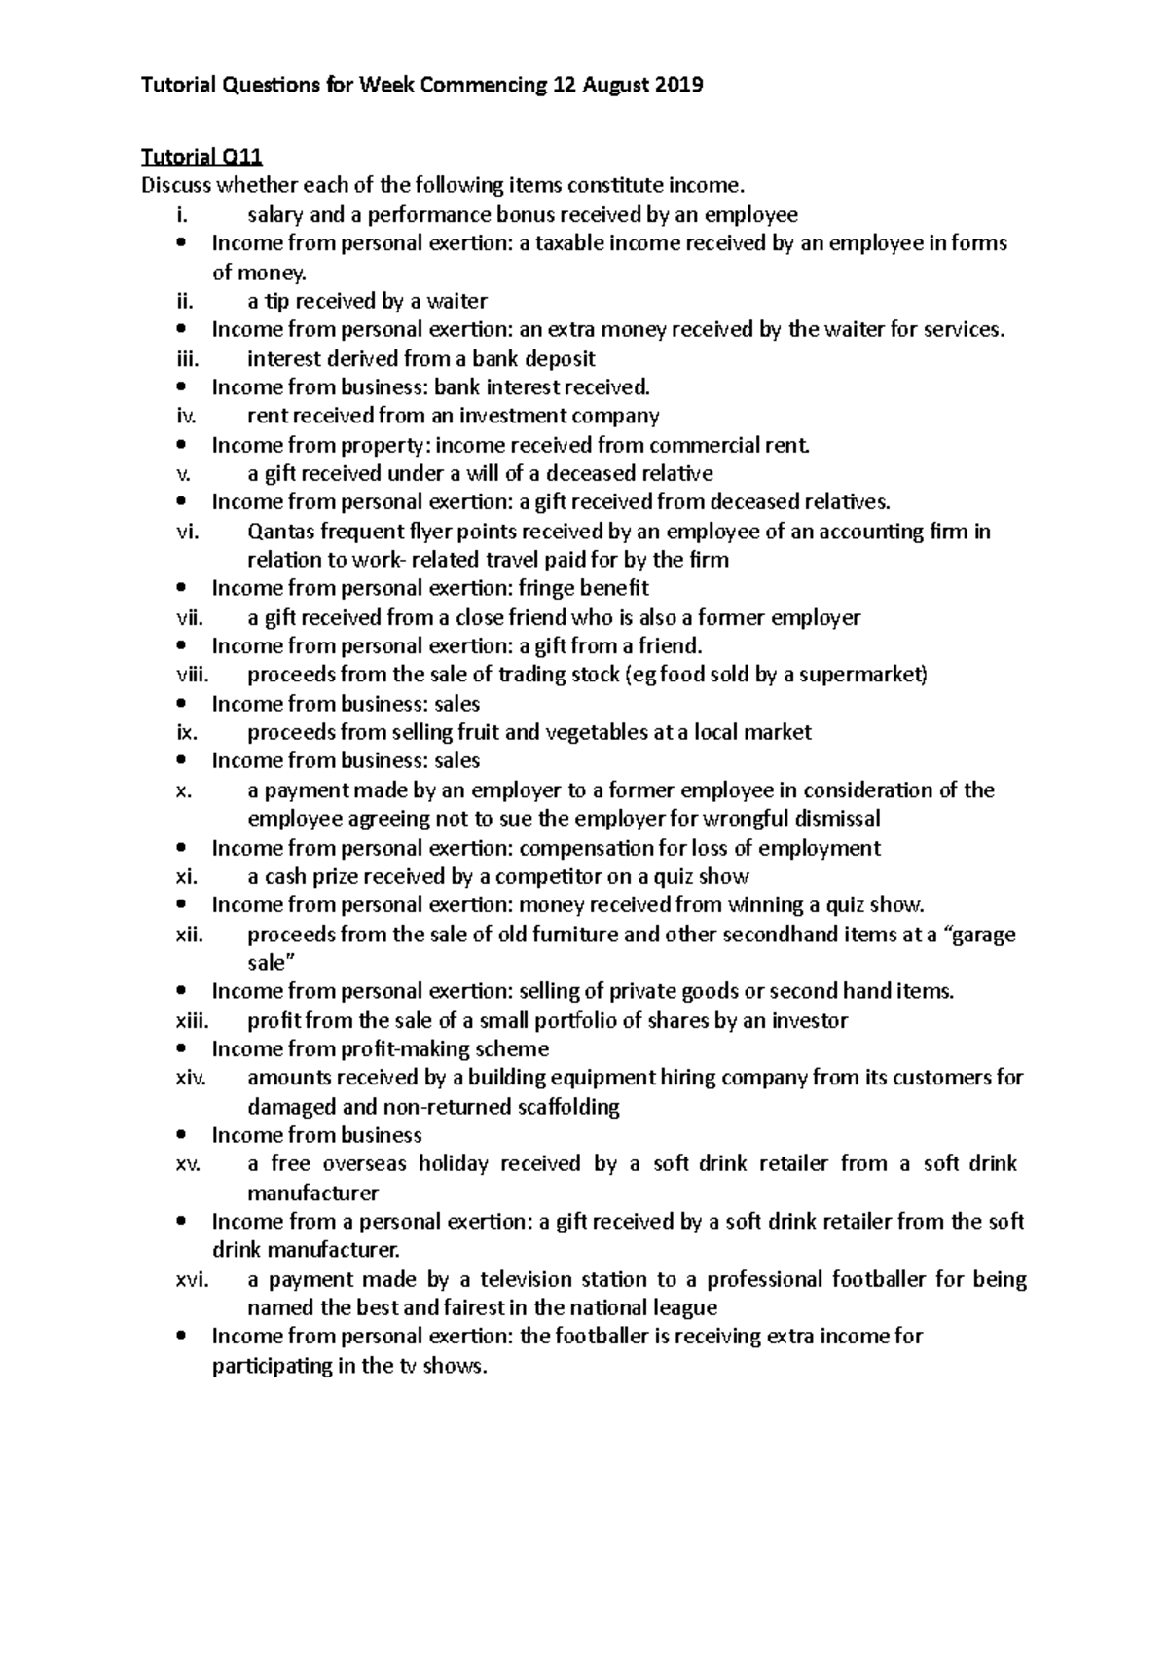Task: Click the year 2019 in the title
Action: [679, 86]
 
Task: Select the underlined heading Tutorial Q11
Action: [202, 157]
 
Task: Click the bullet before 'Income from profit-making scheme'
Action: [181, 1049]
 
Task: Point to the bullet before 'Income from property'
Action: [181, 446]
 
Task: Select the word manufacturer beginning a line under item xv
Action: [312, 1193]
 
